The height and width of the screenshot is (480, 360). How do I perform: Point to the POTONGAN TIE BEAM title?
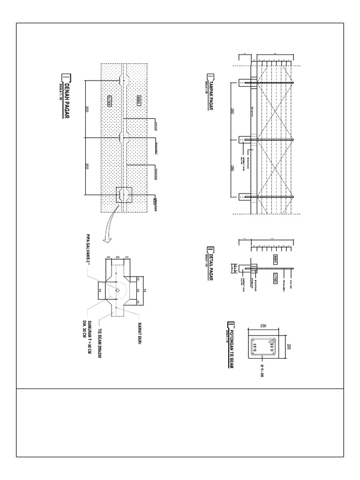(230, 345)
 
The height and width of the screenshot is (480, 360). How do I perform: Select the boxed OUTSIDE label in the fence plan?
(109, 100)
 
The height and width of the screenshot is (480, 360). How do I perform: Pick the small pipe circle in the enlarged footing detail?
(117, 290)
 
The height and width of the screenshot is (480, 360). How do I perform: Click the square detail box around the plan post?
(124, 195)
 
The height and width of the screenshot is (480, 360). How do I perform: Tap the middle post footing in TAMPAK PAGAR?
(247, 140)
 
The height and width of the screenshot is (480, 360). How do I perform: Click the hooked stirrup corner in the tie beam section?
(271, 345)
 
